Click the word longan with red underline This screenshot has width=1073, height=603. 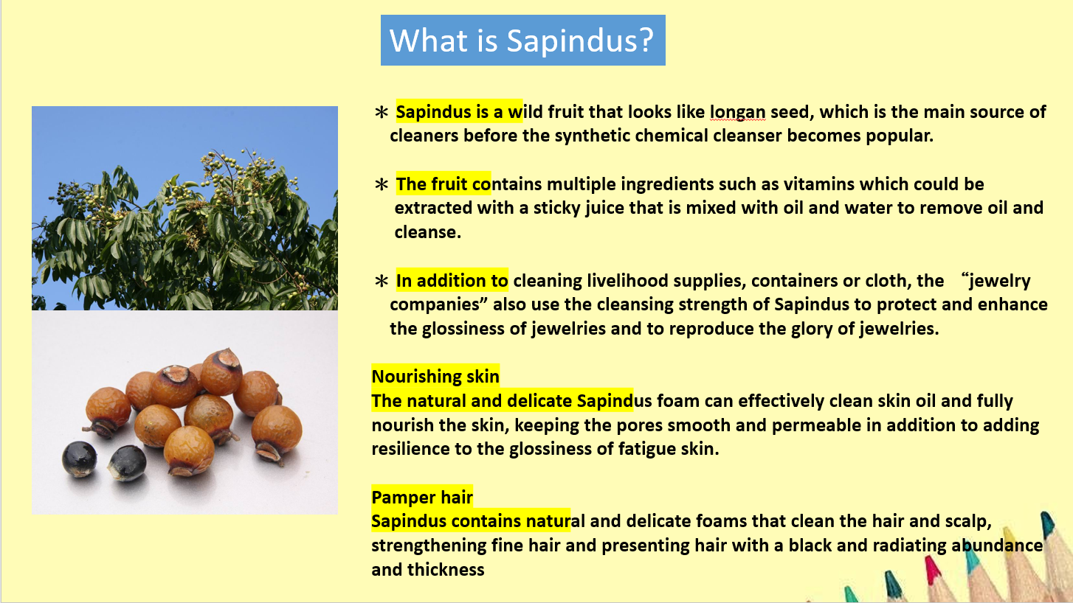click(738, 113)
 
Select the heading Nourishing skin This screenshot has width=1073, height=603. click(435, 377)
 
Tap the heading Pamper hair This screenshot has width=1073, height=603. click(422, 498)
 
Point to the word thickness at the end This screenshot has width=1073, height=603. click(446, 570)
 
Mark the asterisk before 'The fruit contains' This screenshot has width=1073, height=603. click(382, 184)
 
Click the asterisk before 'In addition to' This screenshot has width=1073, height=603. click(382, 281)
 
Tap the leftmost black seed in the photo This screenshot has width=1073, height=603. click(80, 459)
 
